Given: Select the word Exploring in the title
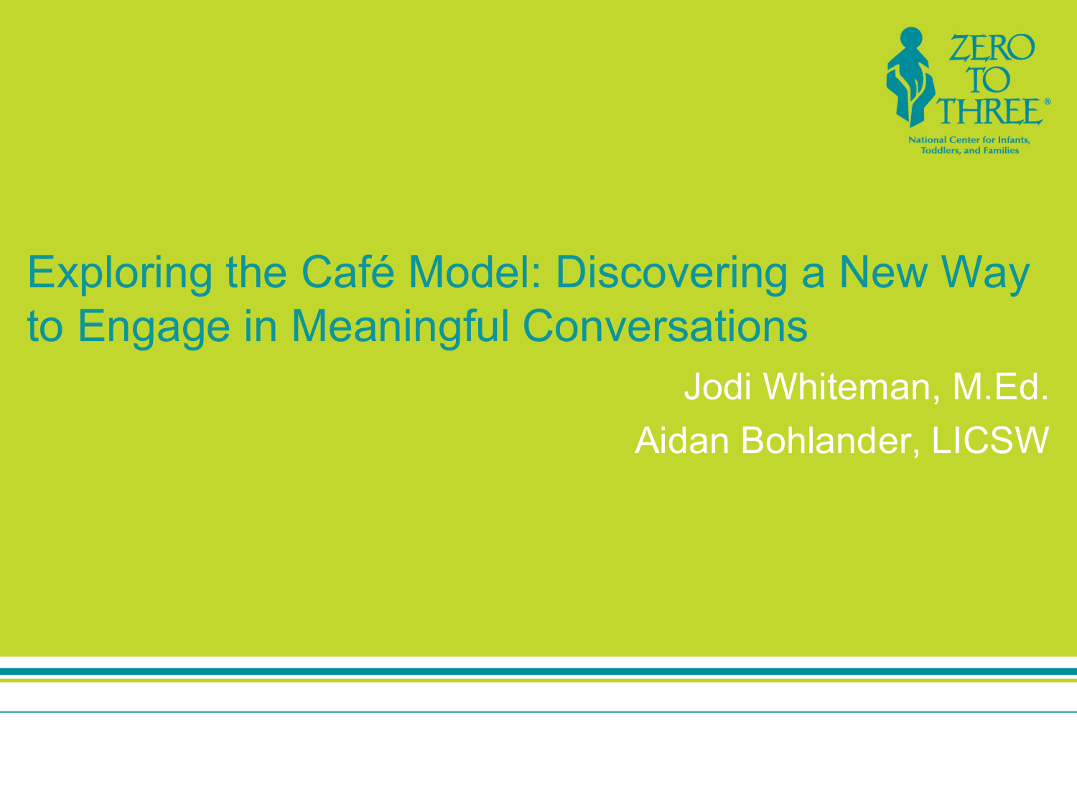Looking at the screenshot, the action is tap(120, 274).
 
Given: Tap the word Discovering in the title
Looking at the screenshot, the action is tap(671, 274).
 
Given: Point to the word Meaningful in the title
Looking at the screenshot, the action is tap(401, 328).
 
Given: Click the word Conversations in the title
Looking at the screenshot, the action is tap(666, 326).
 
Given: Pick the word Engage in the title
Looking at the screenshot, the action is tap(154, 328).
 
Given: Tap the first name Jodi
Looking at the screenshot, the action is tap(718, 386).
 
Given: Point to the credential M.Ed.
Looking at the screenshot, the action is tap(1000, 386).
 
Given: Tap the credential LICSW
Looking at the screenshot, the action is tap(990, 440).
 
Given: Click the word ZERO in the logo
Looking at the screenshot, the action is tap(992, 47).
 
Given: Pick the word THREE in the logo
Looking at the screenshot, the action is tap(989, 111).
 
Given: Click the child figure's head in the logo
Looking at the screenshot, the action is tap(911, 38).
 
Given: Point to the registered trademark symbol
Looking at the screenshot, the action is tap(1048, 101).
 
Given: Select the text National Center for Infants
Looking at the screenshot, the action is tap(969, 140).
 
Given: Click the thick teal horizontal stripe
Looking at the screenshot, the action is tap(538, 672).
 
